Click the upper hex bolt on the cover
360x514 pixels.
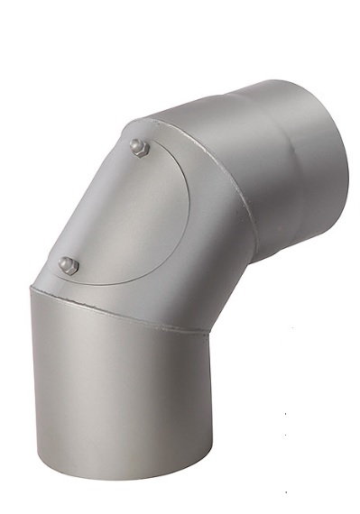[x=139, y=147]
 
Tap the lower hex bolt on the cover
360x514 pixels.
[x=69, y=265]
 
